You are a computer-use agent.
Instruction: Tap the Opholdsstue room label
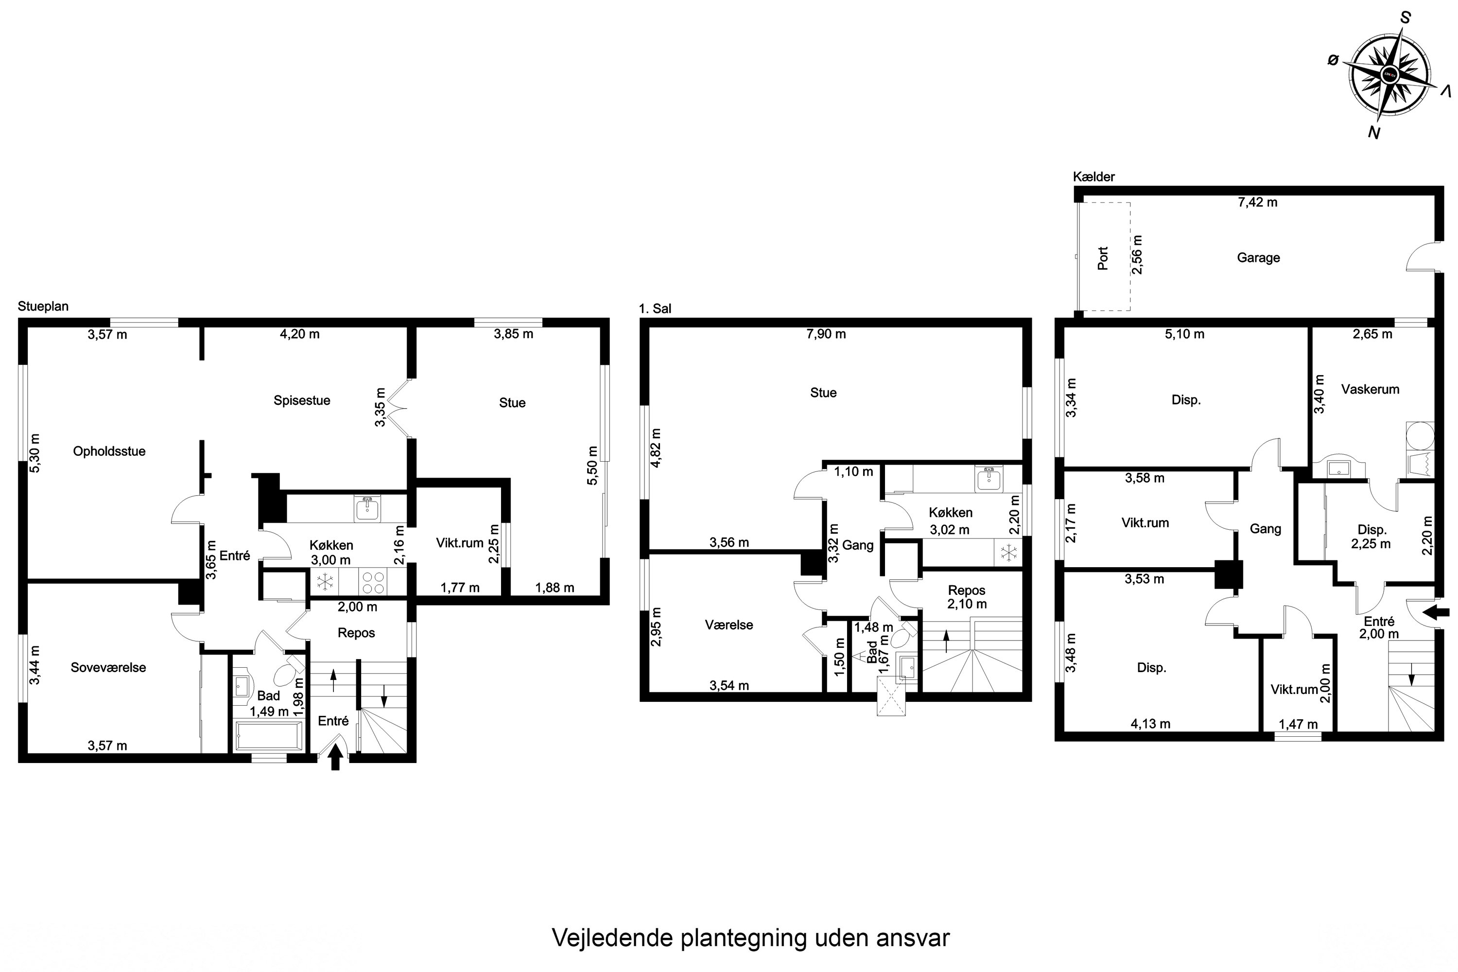pyautogui.click(x=109, y=451)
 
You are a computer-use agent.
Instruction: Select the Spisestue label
pyautogui.click(x=302, y=400)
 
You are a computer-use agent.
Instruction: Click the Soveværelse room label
pyautogui.click(x=108, y=668)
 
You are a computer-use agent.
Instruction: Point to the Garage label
pyautogui.click(x=1258, y=258)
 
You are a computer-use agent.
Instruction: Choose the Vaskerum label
pyautogui.click(x=1370, y=389)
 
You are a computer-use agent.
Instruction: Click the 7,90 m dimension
pyautogui.click(x=826, y=334)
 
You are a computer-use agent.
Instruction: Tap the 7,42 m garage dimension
pyautogui.click(x=1257, y=202)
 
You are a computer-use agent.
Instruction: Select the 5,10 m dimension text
pyautogui.click(x=1185, y=334)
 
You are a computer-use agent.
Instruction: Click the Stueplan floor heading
pyautogui.click(x=43, y=306)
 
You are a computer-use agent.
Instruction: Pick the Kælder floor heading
pyautogui.click(x=1094, y=177)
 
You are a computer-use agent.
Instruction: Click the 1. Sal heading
pyautogui.click(x=655, y=309)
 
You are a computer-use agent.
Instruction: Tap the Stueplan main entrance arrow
pyautogui.click(x=335, y=756)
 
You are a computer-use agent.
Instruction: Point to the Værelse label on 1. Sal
pyautogui.click(x=729, y=625)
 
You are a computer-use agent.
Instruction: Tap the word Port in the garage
pyautogui.click(x=1103, y=259)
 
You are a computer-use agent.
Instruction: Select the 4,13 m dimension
pyautogui.click(x=1150, y=724)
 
